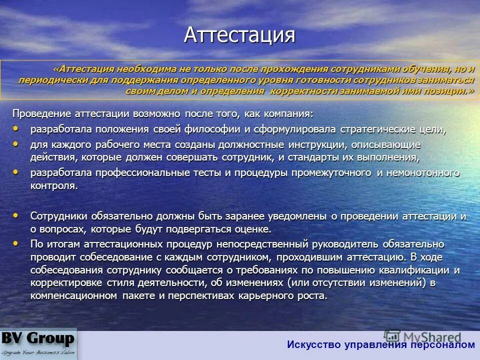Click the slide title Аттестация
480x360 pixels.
239,35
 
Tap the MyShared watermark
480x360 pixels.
422,337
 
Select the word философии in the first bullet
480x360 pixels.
218,129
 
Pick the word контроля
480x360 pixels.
54,185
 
